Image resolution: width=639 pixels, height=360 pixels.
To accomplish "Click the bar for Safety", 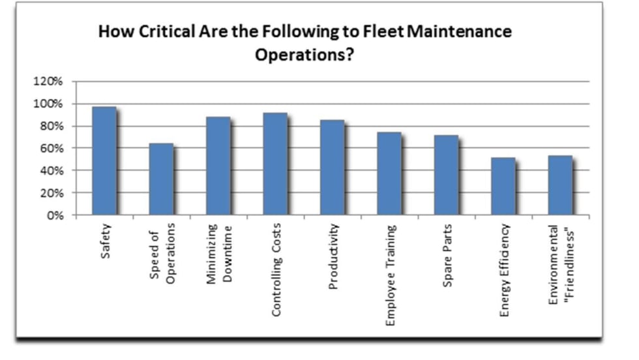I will [x=104, y=161].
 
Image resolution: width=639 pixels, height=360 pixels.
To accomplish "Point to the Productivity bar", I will [x=332, y=168].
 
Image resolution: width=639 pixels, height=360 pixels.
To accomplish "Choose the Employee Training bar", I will [x=389, y=173].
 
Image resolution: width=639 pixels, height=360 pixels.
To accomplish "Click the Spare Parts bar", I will [x=446, y=175].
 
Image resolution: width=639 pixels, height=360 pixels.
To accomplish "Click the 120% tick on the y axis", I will [x=48, y=82].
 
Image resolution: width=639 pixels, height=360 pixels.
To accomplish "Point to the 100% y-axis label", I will [x=48, y=104].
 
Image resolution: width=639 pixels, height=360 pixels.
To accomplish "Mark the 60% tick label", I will [x=50, y=149].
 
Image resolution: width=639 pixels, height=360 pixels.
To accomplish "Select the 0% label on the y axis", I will [x=53, y=216].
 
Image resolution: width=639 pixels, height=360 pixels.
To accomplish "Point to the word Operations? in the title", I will [x=305, y=54].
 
